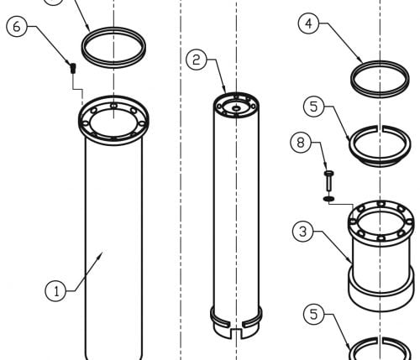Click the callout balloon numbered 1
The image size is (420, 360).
tap(56, 291)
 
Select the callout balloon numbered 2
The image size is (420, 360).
tap(197, 60)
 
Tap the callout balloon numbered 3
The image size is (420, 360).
tap(303, 232)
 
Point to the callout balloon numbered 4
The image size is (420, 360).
tap(309, 23)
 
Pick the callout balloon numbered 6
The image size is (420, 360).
tap(17, 27)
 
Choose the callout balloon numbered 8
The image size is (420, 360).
tap(301, 143)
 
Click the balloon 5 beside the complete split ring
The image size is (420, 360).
tap(314, 107)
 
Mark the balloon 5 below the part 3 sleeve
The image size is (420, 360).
tap(314, 315)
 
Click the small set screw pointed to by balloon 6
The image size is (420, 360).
tap(73, 68)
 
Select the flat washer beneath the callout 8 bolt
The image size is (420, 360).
tap(328, 199)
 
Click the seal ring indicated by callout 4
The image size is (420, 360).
tap(380, 80)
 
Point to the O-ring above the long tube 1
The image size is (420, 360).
tap(113, 48)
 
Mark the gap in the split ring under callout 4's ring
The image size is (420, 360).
tap(380, 128)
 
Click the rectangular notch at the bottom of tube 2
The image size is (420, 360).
tap(237, 334)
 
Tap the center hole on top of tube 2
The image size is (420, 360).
tap(237, 108)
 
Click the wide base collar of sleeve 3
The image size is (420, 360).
tap(381, 290)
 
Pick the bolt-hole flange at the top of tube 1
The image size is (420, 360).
tap(113, 120)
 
